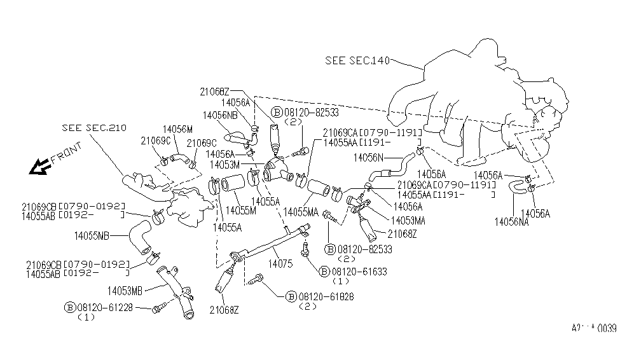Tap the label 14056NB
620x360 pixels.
coord(220,115)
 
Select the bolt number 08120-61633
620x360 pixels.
coord(361,272)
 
